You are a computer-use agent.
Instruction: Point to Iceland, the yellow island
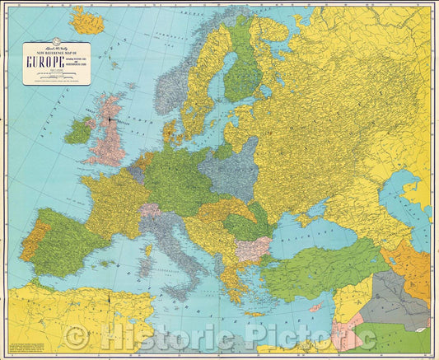[x=87, y=21]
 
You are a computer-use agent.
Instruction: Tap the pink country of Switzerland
[x=150, y=211]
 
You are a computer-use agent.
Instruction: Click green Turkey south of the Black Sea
[x=321, y=276]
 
